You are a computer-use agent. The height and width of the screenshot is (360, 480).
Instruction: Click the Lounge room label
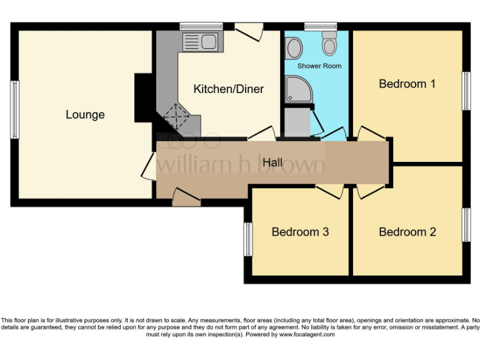pos(85,115)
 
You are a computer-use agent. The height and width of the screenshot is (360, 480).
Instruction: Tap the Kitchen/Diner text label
pos(228,89)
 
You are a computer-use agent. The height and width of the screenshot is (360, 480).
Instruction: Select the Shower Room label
pos(319,66)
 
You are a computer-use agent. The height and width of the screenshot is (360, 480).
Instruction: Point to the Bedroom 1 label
pos(407,84)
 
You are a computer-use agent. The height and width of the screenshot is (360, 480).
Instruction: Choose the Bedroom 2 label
pos(407,232)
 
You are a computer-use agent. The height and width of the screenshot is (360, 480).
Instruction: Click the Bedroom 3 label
pos(300,232)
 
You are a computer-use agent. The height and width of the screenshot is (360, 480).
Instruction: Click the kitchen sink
pos(200,42)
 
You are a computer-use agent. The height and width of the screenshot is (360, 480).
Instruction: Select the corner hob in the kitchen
pos(176,117)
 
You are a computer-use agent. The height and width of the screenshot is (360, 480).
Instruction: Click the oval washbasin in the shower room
pos(293,46)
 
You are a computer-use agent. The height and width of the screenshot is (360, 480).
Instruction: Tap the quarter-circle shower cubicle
pos(297,89)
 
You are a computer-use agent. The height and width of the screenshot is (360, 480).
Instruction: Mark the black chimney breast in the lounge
pos(144,98)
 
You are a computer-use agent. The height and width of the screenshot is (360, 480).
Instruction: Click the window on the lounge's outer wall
pos(14,109)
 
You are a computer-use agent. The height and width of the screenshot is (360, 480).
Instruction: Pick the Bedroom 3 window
pos(247,239)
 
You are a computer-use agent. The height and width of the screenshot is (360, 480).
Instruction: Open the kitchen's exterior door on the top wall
pos(249,29)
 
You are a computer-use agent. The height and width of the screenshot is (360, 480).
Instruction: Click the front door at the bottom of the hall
pos(186,199)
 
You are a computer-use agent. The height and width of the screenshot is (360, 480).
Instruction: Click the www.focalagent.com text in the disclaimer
pos(306,334)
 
